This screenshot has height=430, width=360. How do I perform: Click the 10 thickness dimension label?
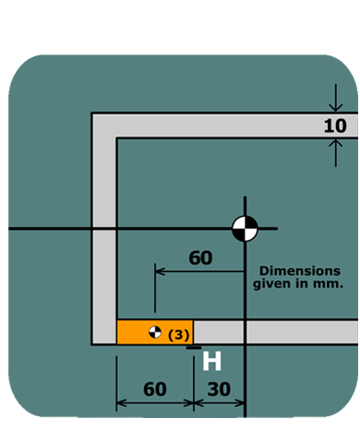[334, 126]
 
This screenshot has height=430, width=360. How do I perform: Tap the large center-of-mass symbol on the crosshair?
[245, 228]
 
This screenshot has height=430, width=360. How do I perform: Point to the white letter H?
[212, 361]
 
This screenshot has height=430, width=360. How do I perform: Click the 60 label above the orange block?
[200, 258]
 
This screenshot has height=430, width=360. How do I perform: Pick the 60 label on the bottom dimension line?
[155, 389]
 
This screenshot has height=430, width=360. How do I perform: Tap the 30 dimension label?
[219, 389]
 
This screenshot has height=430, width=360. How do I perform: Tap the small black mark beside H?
[193, 347]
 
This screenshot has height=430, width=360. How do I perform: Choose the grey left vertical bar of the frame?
[104, 230]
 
